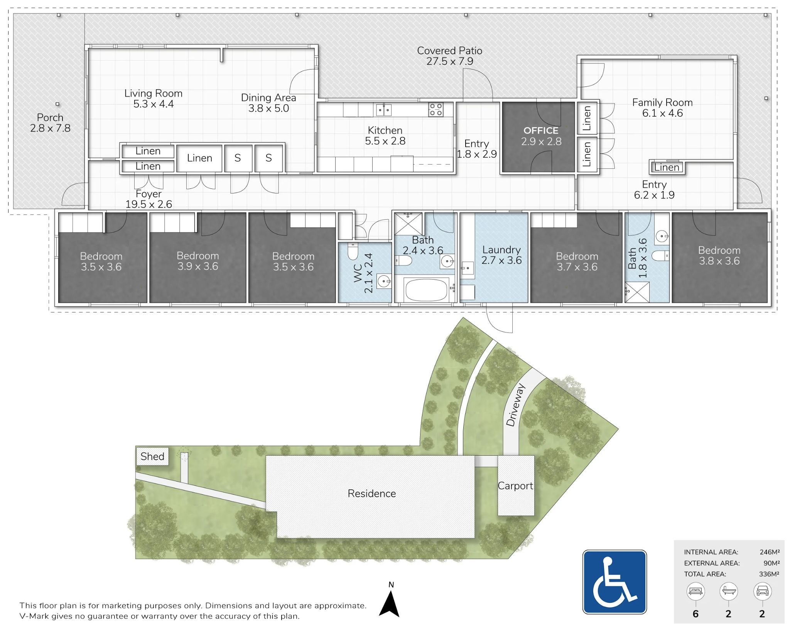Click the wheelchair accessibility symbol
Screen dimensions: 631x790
click(x=614, y=582)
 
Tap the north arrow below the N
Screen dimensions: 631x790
click(x=390, y=605)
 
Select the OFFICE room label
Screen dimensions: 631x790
click(x=540, y=131)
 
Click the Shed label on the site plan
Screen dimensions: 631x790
click(x=152, y=456)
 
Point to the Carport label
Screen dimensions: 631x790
click(x=515, y=486)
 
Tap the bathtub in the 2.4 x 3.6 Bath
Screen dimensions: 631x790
click(x=426, y=290)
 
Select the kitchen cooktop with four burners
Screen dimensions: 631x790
click(x=436, y=110)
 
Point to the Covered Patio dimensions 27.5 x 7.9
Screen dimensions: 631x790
click(x=449, y=61)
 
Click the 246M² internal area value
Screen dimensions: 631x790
click(x=769, y=552)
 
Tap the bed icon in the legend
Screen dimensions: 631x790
click(x=695, y=591)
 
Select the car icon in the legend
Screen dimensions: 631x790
click(x=762, y=591)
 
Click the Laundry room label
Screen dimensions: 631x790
click(x=501, y=250)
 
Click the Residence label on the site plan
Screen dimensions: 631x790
click(x=371, y=494)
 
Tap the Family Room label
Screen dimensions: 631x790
click(x=662, y=103)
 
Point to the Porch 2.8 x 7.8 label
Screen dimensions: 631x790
click(x=50, y=123)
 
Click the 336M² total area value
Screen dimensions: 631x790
click(x=768, y=574)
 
